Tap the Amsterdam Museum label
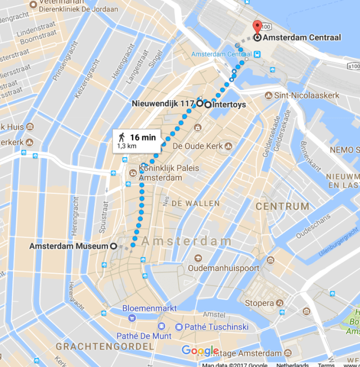[x=68, y=246]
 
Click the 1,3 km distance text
[x=127, y=146]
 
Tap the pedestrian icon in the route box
[x=121, y=137]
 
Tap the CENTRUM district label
[x=282, y=206]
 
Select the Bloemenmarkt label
[x=150, y=309]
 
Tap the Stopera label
[x=259, y=303]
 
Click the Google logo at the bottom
[x=200, y=351]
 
